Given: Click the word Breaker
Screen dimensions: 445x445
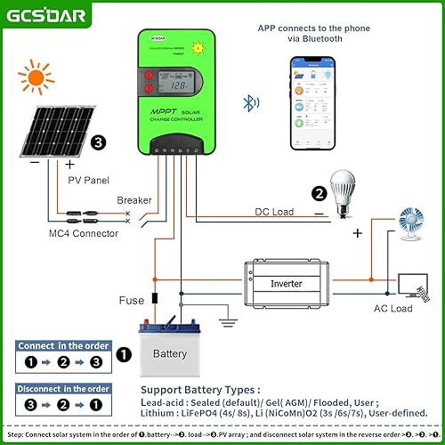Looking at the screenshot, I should point(133,200).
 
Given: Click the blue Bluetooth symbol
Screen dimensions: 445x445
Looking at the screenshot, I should point(250,102).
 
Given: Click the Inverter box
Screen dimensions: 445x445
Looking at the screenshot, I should point(285,284).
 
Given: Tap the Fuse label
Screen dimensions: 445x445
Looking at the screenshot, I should point(131,301).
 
